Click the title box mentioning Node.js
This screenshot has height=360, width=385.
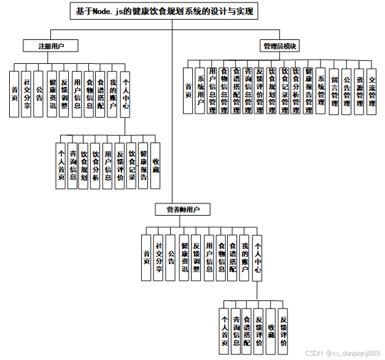pos(164,11)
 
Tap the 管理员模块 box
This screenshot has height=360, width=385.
pos(280,46)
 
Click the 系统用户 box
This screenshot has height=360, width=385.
pos(200,90)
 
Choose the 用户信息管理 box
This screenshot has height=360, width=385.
pos(212,90)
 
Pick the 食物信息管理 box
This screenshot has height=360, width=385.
pos(224,90)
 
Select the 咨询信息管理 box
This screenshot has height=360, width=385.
pos(248,90)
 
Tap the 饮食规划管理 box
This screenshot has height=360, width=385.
pos(272,90)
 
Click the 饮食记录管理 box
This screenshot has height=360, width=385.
pos(284,90)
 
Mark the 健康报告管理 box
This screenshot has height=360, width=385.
pos(308,90)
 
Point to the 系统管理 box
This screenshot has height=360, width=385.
pos(321,90)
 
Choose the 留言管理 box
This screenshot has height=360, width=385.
pos(335,91)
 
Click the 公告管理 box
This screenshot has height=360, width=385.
pos(347,91)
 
